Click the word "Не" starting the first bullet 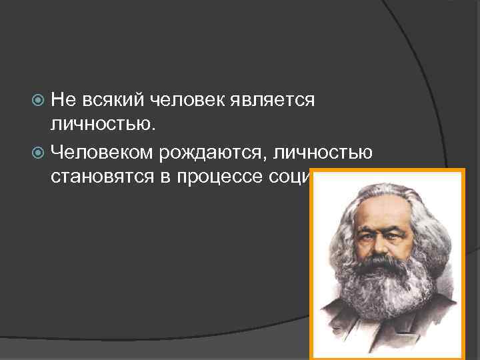[x=63, y=100]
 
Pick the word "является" [x=273, y=101]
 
